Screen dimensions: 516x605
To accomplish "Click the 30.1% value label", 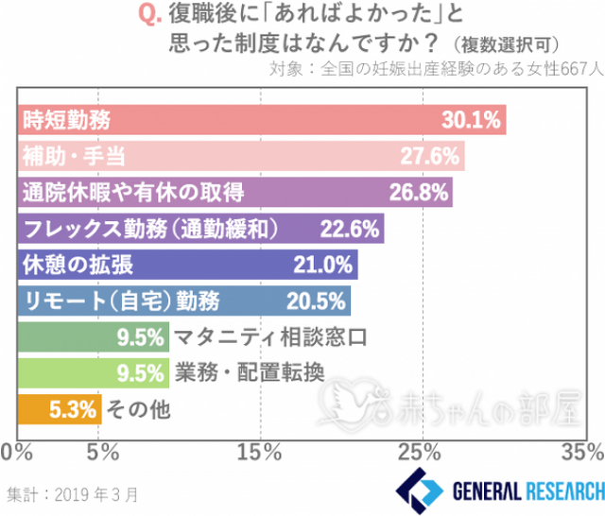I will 470,119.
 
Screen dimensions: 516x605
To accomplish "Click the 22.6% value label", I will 350,228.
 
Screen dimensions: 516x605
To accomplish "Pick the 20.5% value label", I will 315,301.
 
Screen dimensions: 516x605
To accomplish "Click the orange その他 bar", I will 59,409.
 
